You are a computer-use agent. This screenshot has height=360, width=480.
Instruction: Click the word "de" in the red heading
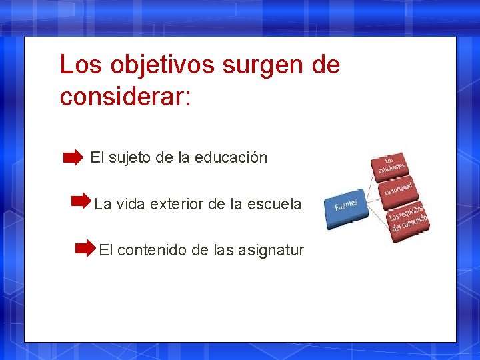pos(325,65)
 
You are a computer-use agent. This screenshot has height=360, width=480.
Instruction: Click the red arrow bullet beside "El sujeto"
pos(73,158)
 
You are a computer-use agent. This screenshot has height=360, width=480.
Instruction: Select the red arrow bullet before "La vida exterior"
pos(81,199)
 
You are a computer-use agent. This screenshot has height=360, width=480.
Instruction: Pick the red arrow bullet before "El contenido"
pos(85,249)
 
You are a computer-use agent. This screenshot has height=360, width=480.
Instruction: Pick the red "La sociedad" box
pos(401,188)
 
